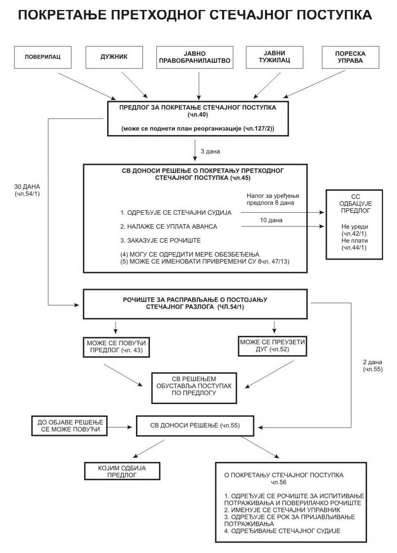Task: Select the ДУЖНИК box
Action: click(x=115, y=57)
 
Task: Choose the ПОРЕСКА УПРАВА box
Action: click(x=350, y=57)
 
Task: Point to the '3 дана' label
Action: click(x=210, y=151)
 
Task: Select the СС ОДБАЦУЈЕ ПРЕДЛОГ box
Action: click(x=354, y=224)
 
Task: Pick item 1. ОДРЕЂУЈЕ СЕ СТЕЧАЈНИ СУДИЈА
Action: click(x=176, y=213)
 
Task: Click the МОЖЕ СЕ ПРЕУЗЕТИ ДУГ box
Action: click(x=272, y=346)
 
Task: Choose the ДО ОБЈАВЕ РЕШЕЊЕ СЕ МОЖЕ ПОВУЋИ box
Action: click(x=69, y=425)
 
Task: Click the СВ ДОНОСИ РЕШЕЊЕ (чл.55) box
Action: click(x=195, y=425)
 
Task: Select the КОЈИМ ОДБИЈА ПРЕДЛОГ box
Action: click(x=122, y=471)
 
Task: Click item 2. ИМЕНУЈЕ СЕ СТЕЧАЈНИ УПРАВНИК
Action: click(x=283, y=510)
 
